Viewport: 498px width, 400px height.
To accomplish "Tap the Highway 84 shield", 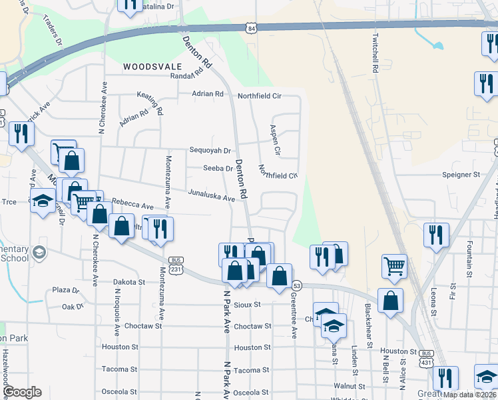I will [250, 29].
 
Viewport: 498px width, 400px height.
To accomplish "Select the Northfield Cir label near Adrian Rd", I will [260, 96].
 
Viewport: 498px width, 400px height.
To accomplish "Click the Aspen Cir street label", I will [274, 139].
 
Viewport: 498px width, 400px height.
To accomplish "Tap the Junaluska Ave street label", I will [212, 197].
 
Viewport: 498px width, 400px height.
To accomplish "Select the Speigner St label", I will [461, 175].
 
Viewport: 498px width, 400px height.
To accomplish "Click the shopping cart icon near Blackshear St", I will [394, 266].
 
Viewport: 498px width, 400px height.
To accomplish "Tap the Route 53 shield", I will [296, 285].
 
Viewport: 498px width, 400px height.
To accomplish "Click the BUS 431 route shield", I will [427, 357].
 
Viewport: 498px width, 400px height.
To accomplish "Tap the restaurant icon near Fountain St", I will [436, 235].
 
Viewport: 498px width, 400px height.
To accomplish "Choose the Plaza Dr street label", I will [66, 291].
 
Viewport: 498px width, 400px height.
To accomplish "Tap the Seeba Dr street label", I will [218, 169].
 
